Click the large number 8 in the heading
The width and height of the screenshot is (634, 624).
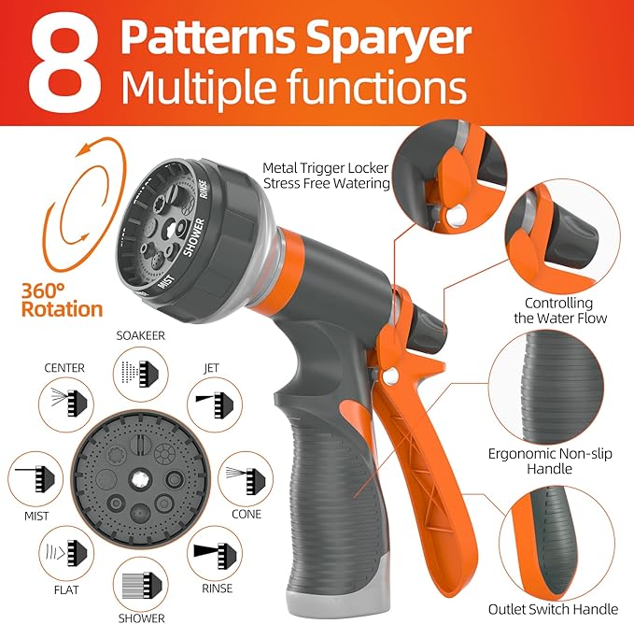click(x=63, y=64)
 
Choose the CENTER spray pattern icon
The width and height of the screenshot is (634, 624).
click(x=63, y=403)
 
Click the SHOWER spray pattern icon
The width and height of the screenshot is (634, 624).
click(x=140, y=586)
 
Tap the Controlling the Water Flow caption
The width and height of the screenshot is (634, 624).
click(x=566, y=310)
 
